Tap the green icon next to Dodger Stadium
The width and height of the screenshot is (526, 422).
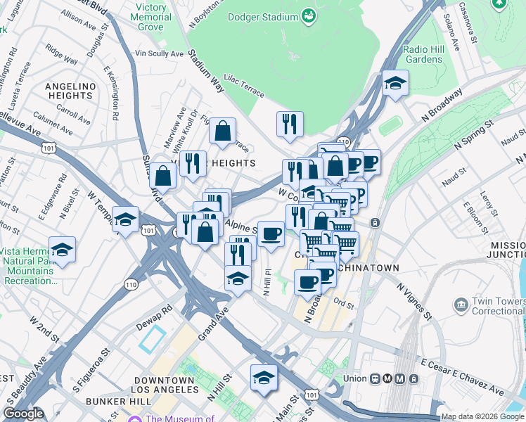[x=307, y=15]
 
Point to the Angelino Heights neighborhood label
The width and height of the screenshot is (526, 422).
[x=70, y=91]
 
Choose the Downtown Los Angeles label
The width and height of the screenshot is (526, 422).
[x=165, y=385]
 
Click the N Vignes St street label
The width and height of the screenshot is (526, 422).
[x=412, y=298]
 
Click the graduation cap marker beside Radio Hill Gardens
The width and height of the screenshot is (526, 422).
[x=395, y=84]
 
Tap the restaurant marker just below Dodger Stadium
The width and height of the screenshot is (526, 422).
[x=290, y=124]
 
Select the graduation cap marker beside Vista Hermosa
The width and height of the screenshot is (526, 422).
[x=62, y=250]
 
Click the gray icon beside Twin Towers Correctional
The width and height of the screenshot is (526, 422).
[x=461, y=304]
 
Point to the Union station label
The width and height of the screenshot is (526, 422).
[x=354, y=378]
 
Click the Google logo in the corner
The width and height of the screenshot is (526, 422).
[x=24, y=414]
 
